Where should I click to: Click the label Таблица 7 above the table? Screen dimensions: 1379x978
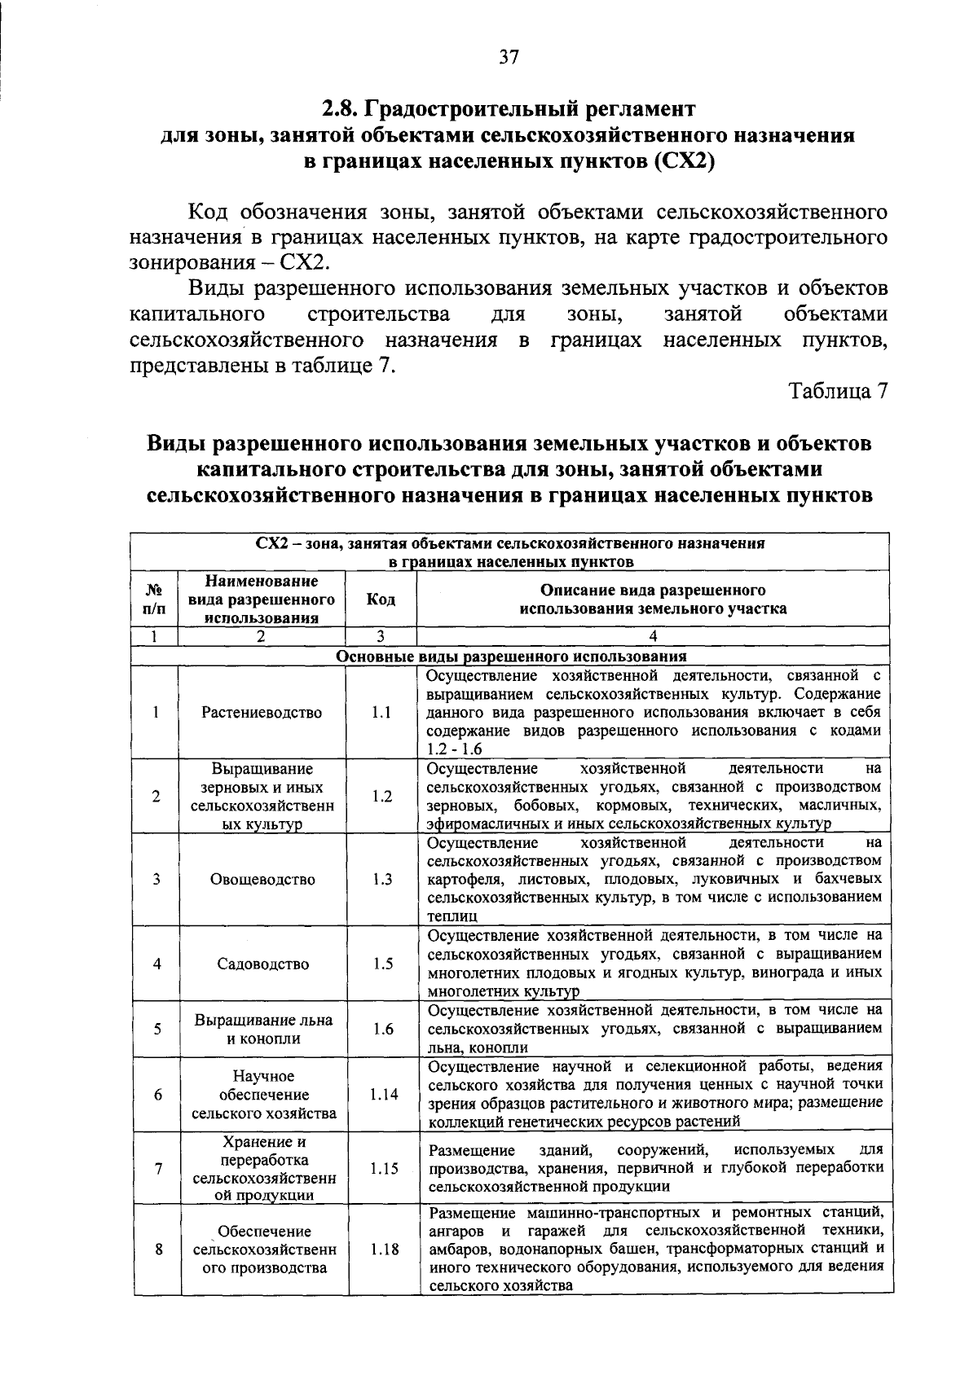[x=837, y=391]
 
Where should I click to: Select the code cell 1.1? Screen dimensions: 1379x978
[x=381, y=713]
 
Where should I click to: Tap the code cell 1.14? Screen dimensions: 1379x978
[x=383, y=1095]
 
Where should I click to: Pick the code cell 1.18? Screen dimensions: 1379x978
[x=383, y=1248]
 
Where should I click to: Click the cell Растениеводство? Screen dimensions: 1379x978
[x=262, y=713]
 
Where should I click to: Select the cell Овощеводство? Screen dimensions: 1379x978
[x=262, y=880]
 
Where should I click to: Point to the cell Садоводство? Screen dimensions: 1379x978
[x=262, y=964]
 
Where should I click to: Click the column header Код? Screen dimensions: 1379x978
[x=381, y=599]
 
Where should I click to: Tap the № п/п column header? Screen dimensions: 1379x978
[x=154, y=599]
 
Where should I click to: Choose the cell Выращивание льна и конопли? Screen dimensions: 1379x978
[x=262, y=1030]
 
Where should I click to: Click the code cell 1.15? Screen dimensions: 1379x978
[x=383, y=1169]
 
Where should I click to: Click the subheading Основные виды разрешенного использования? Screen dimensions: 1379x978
[x=511, y=657]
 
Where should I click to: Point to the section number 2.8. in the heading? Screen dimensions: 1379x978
[x=341, y=109]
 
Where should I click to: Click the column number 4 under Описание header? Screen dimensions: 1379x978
[x=652, y=638]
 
